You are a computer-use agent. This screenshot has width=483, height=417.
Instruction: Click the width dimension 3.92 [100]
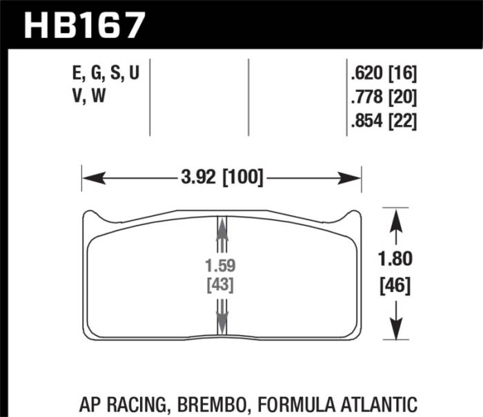221,179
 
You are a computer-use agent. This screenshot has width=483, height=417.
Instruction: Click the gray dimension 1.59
222,264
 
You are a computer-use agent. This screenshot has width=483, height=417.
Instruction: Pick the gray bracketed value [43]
222,284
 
